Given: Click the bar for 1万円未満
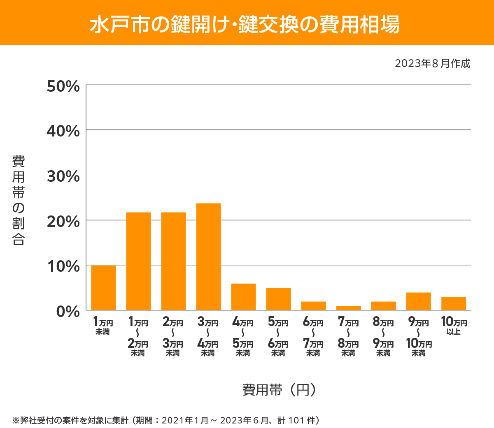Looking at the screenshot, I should (x=103, y=287).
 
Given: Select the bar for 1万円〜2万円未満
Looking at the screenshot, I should (x=138, y=261).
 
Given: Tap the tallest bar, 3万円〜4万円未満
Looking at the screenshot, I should (x=208, y=257).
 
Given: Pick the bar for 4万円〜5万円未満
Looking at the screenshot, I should (x=243, y=296).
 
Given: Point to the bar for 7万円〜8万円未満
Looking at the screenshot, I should (x=348, y=308).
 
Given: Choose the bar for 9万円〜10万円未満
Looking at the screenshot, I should (x=418, y=301).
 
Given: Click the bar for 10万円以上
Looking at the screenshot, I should (x=453, y=303).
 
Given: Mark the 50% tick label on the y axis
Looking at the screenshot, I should (x=63, y=86).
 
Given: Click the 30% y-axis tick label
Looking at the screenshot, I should (x=63, y=176).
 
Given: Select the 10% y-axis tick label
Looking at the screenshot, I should (x=63, y=266).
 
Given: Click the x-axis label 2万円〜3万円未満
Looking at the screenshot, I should (x=173, y=337).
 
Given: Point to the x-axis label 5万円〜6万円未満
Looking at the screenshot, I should (x=278, y=337).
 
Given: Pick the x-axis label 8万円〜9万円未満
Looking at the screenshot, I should (x=383, y=337).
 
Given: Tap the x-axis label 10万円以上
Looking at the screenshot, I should (x=454, y=326).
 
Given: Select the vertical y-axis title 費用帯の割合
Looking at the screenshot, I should (x=19, y=200).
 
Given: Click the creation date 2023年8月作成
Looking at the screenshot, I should (x=432, y=63).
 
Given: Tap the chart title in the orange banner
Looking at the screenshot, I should (x=245, y=24).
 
